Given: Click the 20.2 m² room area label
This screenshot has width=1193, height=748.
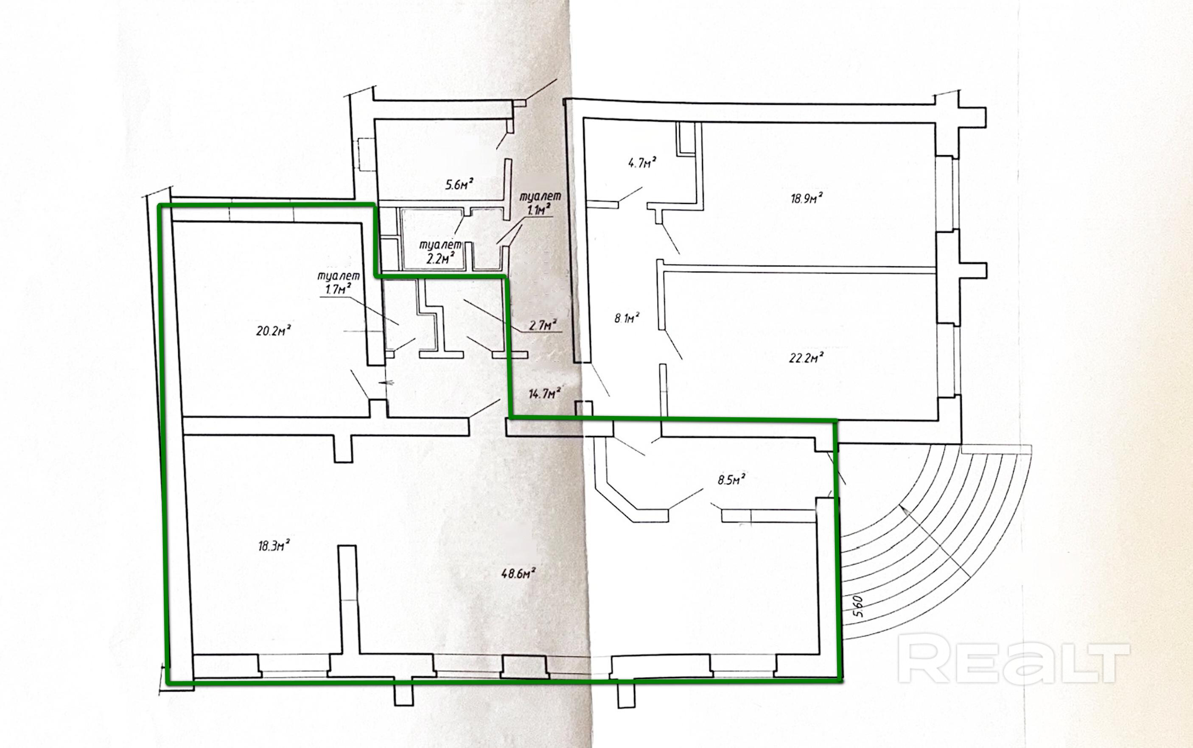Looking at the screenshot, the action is point(273,330).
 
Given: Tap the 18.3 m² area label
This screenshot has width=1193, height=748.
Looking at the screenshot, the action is point(274,546).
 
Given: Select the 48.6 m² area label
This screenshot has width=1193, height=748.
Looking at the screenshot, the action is point(519,574).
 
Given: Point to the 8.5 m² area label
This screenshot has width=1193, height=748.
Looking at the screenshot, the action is point(731,479).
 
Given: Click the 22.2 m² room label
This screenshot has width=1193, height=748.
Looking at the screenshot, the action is point(806,357).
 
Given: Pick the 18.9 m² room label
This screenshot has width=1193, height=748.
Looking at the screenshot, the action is point(807,198).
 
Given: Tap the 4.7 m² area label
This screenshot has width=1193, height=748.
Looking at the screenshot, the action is point(642,162).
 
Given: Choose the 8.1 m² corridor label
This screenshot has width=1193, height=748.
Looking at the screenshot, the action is point(627,318).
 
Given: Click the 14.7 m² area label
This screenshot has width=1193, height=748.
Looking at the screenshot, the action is point(544,394).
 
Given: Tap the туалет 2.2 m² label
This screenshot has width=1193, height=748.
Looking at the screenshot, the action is point(441,251).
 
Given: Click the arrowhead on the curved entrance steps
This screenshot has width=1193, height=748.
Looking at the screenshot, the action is point(903,510).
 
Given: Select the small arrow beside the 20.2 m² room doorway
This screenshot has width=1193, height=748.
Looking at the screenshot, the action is point(385,382).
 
